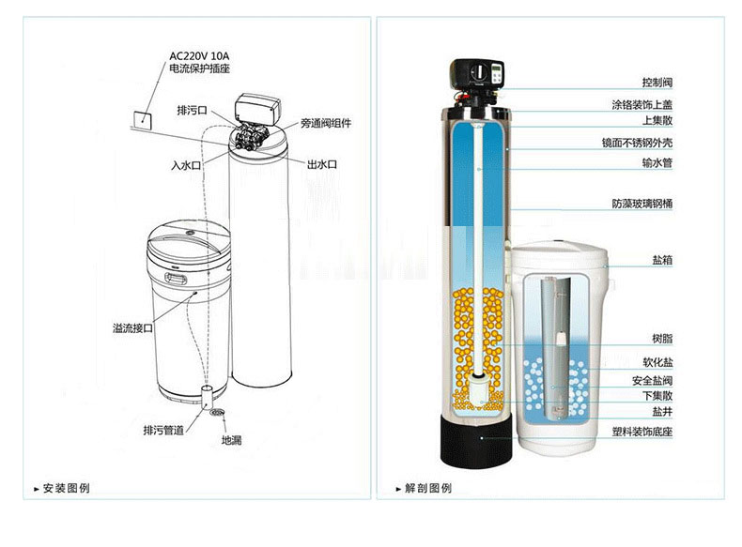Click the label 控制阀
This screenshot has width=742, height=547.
coord(657,83)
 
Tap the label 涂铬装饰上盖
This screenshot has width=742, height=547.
coord(642,104)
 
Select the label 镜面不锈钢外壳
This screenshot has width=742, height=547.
coord(637,143)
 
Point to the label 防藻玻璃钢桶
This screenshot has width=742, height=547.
coord(642,204)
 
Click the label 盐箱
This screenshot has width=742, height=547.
coord(662,260)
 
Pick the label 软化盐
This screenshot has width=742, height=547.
coord(657,362)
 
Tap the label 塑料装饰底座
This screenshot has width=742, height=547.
coord(642,432)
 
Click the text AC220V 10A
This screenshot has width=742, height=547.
coord(199,56)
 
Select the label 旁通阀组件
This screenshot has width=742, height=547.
coord(326,124)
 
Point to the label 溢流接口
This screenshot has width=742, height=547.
coord(132,327)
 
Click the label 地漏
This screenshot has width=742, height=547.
coord(231,440)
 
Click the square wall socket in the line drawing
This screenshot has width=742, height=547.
coord(143,120)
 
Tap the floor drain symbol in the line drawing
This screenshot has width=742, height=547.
coord(217,413)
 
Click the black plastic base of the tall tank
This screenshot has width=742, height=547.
coord(476,441)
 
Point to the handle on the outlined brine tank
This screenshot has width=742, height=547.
coord(176,279)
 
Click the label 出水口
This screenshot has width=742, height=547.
coord(322,164)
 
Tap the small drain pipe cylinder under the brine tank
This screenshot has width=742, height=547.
coord(206,396)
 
